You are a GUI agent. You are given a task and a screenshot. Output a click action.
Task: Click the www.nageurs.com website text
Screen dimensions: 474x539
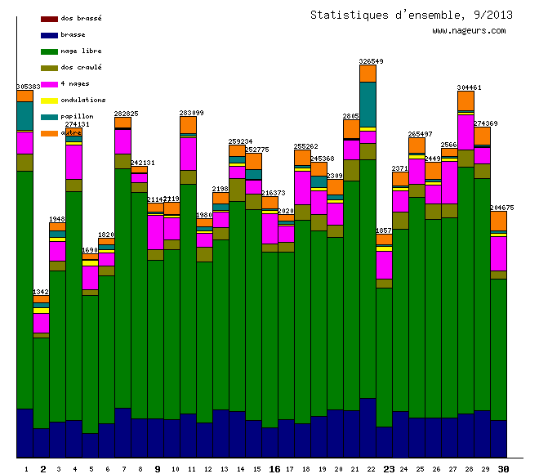(x=469, y=30)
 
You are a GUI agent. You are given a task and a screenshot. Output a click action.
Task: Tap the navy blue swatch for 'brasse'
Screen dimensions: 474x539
(x=49, y=35)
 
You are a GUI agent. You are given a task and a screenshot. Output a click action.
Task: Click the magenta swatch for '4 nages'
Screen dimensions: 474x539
(x=49, y=84)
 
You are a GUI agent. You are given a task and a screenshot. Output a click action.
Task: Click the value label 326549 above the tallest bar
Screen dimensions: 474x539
(x=372, y=61)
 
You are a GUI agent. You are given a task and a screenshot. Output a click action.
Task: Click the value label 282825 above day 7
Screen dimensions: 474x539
(x=126, y=114)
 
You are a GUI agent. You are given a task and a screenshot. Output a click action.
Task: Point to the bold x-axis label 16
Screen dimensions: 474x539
(x=274, y=469)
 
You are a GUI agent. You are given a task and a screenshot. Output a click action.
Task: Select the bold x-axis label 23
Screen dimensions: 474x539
(x=389, y=469)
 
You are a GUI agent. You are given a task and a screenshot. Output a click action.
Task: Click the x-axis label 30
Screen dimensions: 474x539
(x=503, y=469)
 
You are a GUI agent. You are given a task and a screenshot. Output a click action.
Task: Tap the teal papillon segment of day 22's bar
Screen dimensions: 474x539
(x=368, y=104)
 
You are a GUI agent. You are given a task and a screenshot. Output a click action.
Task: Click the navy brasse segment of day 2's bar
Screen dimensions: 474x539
(x=42, y=442)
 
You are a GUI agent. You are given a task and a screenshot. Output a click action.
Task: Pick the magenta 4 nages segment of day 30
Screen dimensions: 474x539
(x=498, y=253)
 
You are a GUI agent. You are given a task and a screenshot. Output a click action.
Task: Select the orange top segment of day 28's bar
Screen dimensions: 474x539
(x=465, y=100)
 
